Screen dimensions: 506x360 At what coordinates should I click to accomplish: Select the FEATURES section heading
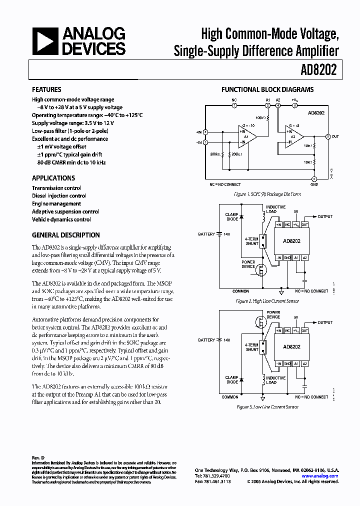point(46,89)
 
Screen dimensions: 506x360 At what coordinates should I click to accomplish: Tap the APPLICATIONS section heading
point(53,178)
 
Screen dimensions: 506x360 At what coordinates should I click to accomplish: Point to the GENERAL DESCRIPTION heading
point(66,235)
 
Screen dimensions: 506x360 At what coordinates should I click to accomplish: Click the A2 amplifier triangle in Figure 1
point(295,137)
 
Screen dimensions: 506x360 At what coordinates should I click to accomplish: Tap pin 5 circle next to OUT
point(327,136)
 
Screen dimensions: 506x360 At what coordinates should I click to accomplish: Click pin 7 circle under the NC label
point(233,105)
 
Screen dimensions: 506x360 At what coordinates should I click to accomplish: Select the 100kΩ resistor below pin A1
point(267,119)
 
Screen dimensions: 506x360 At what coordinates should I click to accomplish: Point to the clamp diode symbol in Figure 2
point(241,216)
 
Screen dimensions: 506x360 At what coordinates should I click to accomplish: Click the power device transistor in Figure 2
point(260,271)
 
